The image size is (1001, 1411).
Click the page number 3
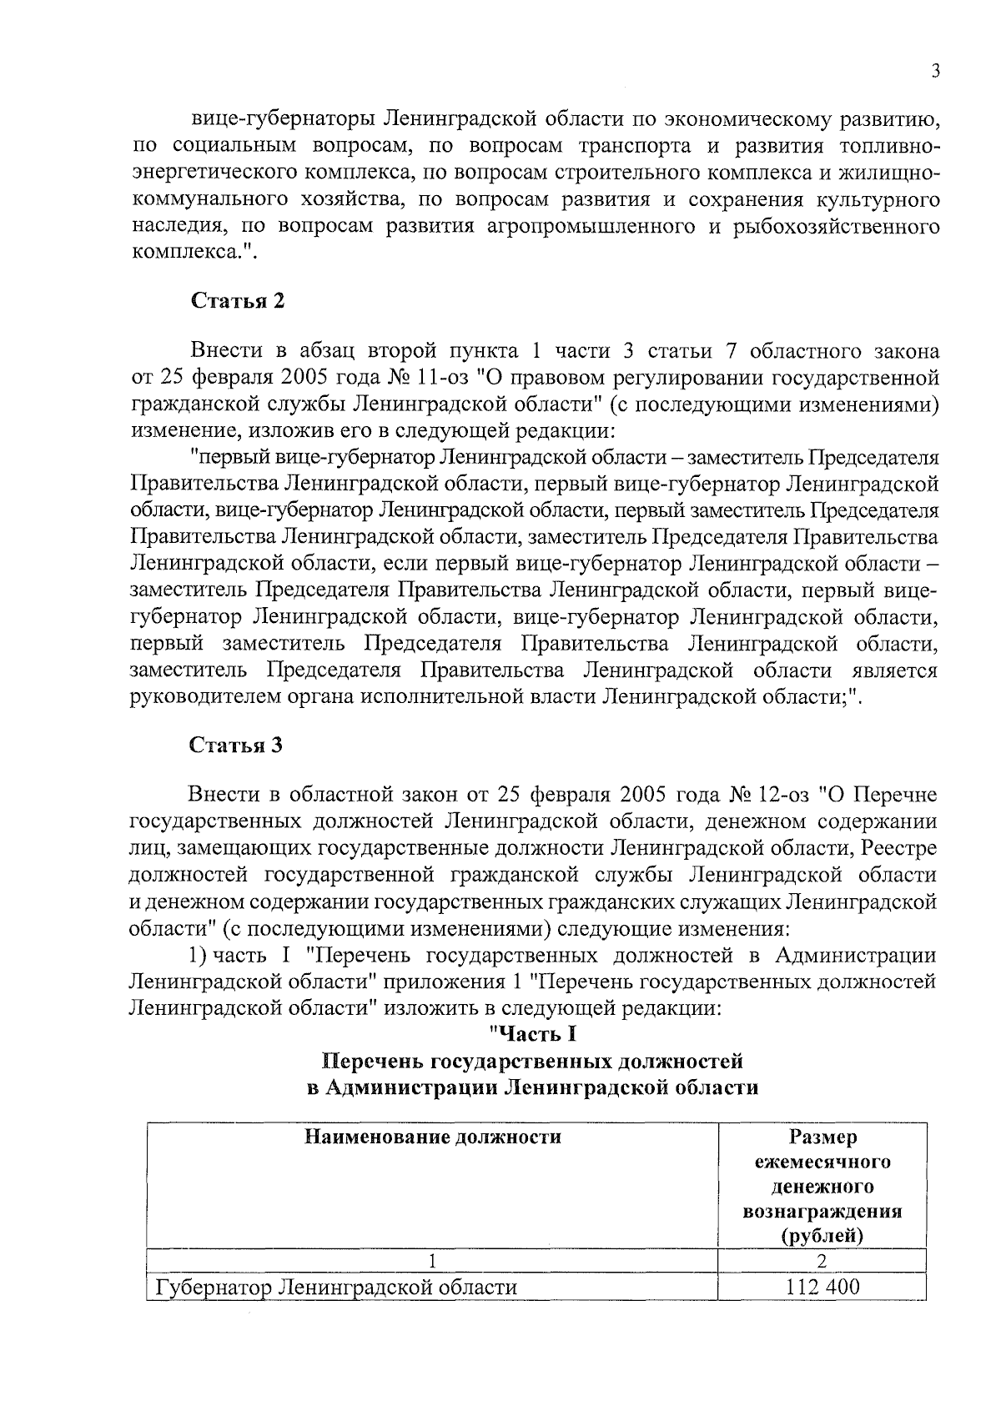click(936, 72)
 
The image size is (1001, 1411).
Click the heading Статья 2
click(238, 301)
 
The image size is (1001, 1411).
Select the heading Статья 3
click(238, 745)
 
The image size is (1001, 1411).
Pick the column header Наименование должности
click(431, 1137)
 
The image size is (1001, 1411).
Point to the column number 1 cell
click(431, 1261)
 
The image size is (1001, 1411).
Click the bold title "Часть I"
click(533, 1034)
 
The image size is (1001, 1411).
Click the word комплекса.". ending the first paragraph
click(191, 254)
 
